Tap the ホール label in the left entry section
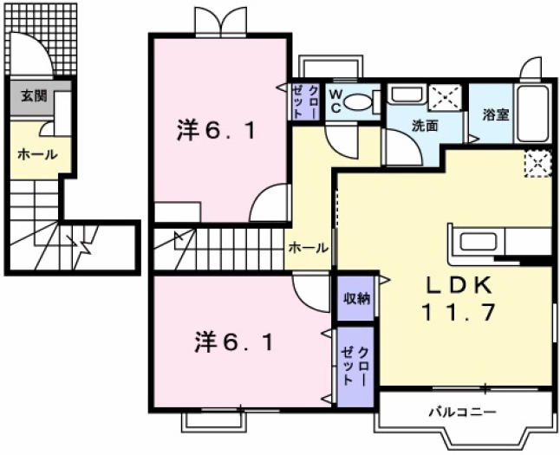point(37,154)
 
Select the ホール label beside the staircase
point(308,248)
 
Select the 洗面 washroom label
point(424,126)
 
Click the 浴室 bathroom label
point(495,114)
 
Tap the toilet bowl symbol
point(357,103)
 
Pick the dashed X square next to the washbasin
point(446,99)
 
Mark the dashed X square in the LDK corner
point(538,162)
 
